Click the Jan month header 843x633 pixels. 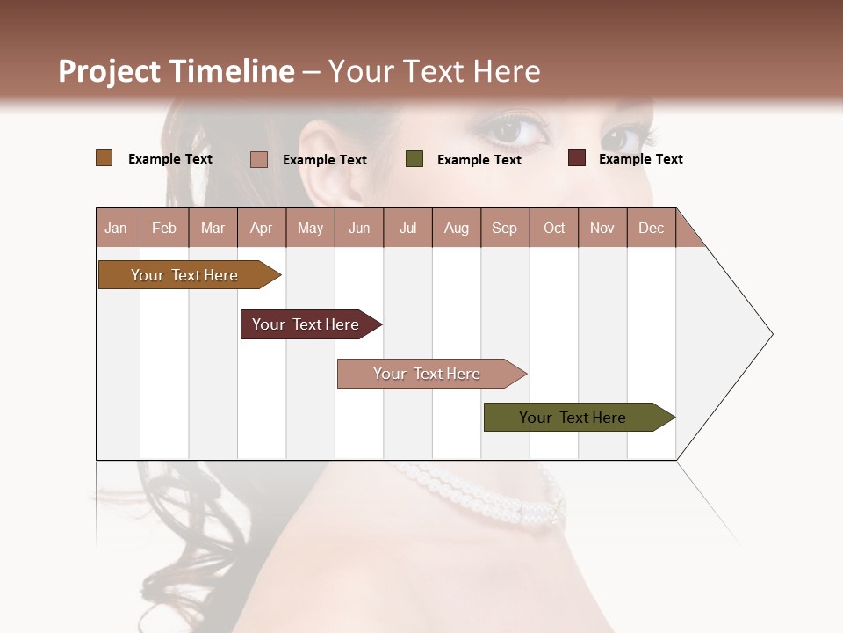[x=116, y=228]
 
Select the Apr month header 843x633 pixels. [x=261, y=228]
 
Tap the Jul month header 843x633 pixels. [x=407, y=228]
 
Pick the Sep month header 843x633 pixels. [x=504, y=228]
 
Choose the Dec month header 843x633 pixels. [x=651, y=228]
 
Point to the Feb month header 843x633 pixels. [x=164, y=228]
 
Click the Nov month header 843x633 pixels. [x=602, y=228]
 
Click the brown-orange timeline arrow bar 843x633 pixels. [x=185, y=275]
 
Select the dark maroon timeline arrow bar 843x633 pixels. [x=306, y=324]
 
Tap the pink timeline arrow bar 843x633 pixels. [x=428, y=374]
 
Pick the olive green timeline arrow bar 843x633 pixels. [x=573, y=418]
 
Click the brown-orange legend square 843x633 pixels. [x=104, y=158]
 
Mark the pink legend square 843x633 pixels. [x=259, y=159]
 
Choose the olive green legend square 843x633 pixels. [x=414, y=159]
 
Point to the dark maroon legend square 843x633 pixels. [x=577, y=158]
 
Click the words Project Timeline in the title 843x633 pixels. [x=177, y=71]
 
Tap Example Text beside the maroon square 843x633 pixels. [x=640, y=159]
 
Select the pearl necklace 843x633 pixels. [x=492, y=497]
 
